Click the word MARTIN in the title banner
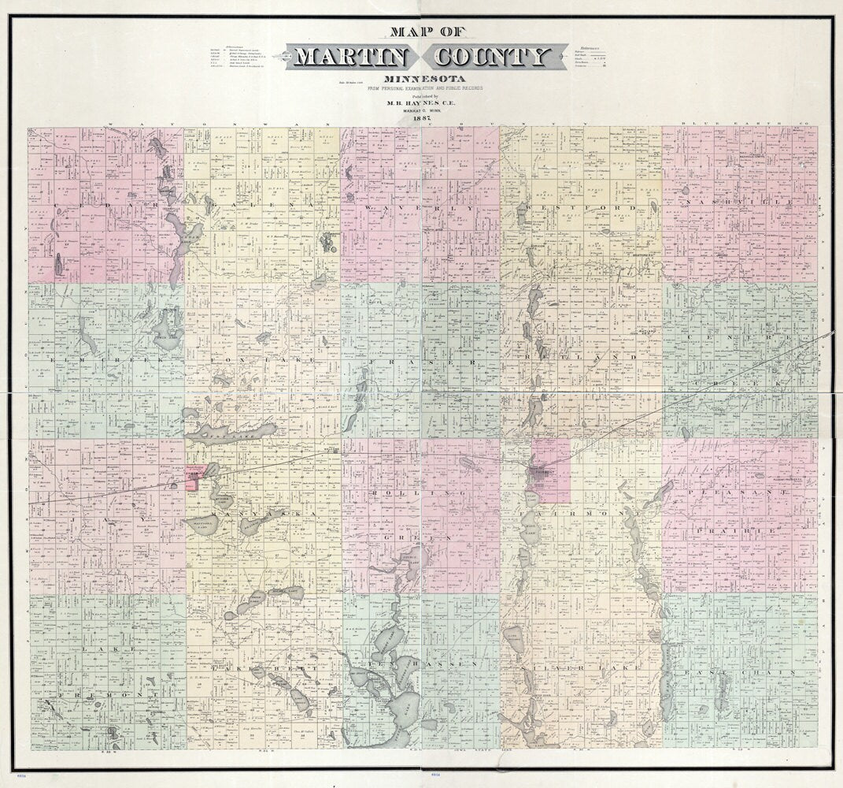point(350,58)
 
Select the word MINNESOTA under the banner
point(422,80)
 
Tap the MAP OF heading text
point(422,33)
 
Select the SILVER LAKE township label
point(579,667)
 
